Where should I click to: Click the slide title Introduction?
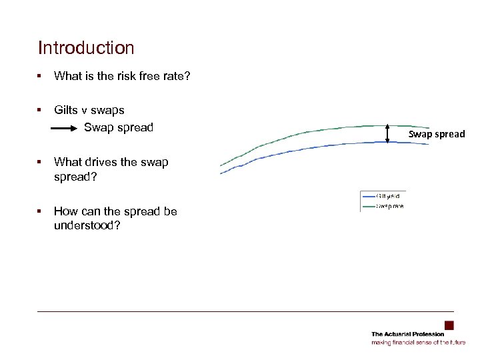pyautogui.click(x=86, y=49)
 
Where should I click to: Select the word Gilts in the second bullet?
pyautogui.click(x=66, y=110)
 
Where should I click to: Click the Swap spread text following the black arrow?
pyautogui.click(x=119, y=127)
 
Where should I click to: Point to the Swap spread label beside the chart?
pyautogui.click(x=437, y=134)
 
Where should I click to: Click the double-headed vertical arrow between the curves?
pyautogui.click(x=387, y=133)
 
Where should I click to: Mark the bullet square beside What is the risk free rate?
pyautogui.click(x=41, y=77)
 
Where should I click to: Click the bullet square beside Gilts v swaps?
pyautogui.click(x=41, y=110)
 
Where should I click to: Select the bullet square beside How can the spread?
pyautogui.click(x=41, y=211)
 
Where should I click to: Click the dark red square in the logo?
pyautogui.click(x=449, y=325)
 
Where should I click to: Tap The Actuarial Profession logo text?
pyautogui.click(x=407, y=334)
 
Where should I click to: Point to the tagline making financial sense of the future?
pyautogui.click(x=418, y=342)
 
